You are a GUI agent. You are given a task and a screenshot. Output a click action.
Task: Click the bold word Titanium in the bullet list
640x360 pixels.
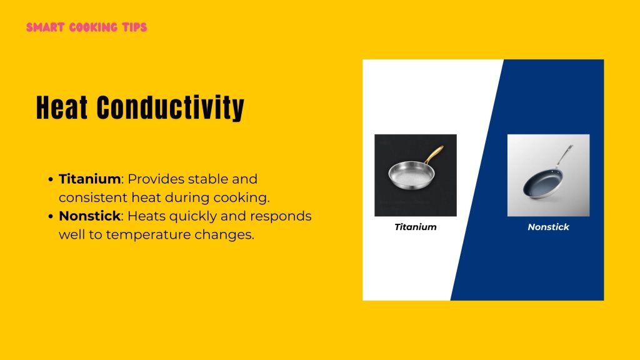[x=89, y=179]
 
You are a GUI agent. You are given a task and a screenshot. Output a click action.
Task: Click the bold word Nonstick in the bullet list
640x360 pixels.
[x=89, y=216]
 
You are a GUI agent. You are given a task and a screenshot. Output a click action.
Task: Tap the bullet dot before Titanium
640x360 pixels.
[x=50, y=179]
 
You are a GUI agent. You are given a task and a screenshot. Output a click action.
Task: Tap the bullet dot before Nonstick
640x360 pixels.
[x=50, y=216]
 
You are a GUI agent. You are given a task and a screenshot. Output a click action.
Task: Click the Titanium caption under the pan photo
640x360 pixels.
[x=415, y=227]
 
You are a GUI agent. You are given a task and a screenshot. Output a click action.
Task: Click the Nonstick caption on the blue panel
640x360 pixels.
[x=548, y=227]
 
